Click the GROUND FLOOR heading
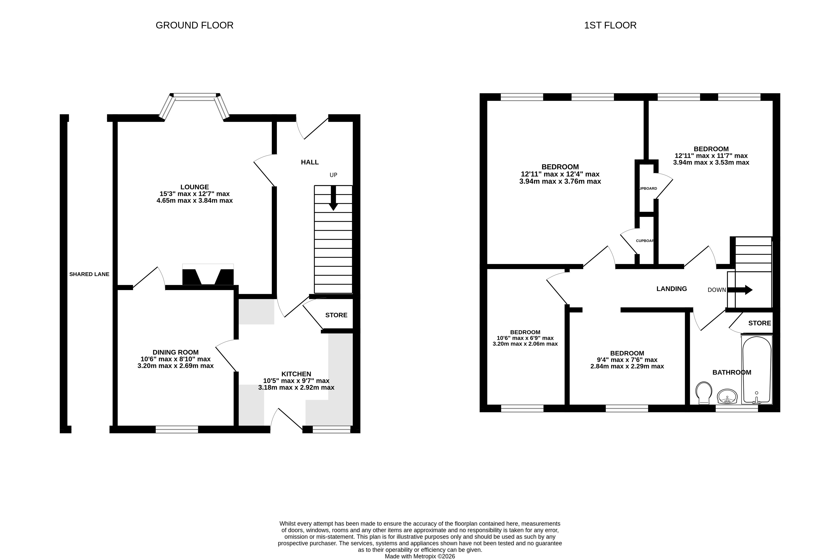pos(194,25)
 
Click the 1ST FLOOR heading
pos(610,25)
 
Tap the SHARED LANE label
pos(89,274)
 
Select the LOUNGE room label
pos(194,187)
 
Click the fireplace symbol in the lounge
pos(208,275)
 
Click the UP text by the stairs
pos(333,175)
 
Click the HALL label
pos(309,162)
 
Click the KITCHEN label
pos(296,374)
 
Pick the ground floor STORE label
pos(336,315)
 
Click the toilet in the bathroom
pos(704,393)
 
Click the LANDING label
pos(672,289)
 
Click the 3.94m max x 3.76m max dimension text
pos(560,181)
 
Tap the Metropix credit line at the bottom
pos(420,556)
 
